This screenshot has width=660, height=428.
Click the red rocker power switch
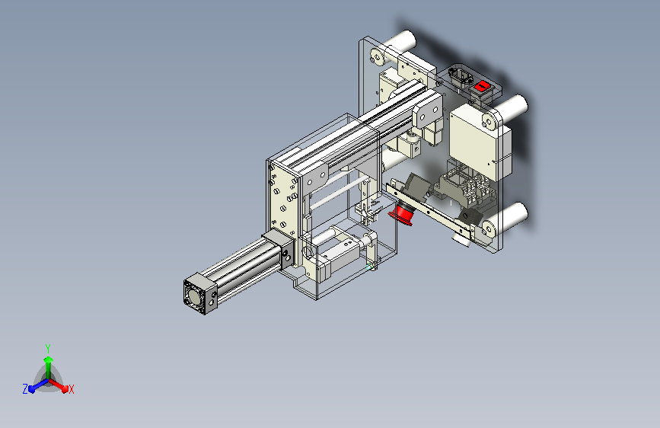(482, 86)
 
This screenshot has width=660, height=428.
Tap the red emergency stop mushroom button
(401, 213)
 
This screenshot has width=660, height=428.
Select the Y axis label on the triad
(48, 348)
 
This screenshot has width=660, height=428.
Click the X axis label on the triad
(71, 389)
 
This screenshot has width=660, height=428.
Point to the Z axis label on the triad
(25, 389)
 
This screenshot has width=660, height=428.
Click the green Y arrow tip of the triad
(49, 359)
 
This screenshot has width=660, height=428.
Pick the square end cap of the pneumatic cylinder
(200, 294)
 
